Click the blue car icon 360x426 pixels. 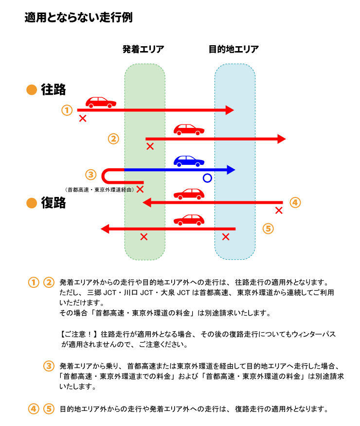(189, 160)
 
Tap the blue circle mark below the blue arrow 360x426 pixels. (207, 178)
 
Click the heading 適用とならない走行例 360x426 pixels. (78, 18)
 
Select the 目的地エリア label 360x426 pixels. (234, 49)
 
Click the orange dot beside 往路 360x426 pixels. (32, 90)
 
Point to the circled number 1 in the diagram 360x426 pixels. (67, 110)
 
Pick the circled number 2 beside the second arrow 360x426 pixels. (113, 139)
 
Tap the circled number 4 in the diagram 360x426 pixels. (295, 202)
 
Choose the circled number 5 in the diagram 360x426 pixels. (268, 228)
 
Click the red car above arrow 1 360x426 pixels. (101, 102)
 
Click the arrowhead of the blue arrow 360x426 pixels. (231, 170)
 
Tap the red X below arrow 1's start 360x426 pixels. (83, 118)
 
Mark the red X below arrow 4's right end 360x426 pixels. (279, 211)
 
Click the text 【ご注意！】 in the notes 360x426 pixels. (79, 335)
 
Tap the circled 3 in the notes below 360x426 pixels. (49, 366)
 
